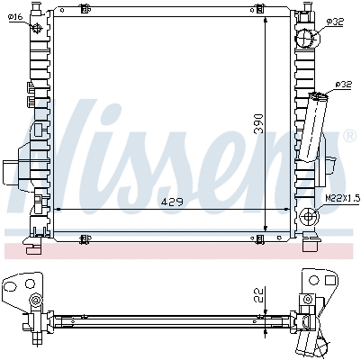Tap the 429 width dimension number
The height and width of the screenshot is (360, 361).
click(170, 202)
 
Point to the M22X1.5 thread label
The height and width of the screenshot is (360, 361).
click(341, 196)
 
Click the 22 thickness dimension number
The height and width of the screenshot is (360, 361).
click(258, 293)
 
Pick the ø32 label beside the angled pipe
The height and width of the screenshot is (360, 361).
click(342, 84)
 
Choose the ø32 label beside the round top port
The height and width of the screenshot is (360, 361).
click(333, 21)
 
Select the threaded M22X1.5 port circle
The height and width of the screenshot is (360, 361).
click(309, 216)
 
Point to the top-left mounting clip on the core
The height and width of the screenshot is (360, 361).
click(86, 11)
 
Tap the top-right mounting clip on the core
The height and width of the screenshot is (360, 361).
click(259, 11)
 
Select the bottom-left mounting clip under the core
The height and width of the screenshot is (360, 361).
click(86, 238)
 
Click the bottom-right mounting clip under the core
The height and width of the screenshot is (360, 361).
click(259, 238)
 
